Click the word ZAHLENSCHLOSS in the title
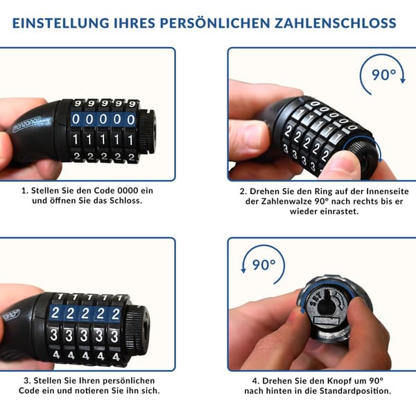tap(336, 23)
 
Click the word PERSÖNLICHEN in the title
tap(215, 23)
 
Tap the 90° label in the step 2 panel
tap(383, 75)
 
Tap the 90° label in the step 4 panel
tap(263, 265)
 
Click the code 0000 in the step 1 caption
tap(128, 191)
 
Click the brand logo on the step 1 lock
tap(27, 124)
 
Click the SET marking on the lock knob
tap(315, 300)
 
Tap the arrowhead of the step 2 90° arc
tap(403, 80)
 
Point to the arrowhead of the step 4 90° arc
tap(243, 270)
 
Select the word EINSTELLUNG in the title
tap(61, 23)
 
